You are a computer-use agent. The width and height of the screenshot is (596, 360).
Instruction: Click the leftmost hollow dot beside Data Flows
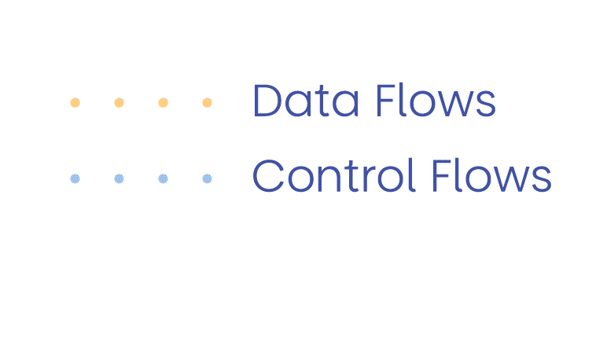(x=75, y=103)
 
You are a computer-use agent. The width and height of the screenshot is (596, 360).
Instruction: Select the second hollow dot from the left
(x=119, y=103)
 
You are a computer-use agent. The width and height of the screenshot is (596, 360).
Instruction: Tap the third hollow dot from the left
(x=163, y=103)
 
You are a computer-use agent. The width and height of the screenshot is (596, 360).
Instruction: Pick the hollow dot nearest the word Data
(x=207, y=103)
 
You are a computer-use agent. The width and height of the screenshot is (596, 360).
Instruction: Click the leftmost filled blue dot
(x=75, y=178)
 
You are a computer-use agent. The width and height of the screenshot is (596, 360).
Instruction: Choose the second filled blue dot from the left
(x=119, y=178)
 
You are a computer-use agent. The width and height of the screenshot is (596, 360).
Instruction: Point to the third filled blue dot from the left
(x=163, y=178)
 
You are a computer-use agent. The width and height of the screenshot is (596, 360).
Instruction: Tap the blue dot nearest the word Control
(x=207, y=178)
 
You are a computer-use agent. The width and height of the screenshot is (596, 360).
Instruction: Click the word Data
(x=306, y=101)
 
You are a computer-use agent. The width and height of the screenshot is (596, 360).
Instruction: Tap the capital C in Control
(x=269, y=176)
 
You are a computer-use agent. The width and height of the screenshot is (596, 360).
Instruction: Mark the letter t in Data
(x=322, y=102)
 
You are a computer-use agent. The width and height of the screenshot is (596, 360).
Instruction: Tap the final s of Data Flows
(x=487, y=106)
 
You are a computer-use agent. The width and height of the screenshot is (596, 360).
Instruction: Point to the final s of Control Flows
(x=543, y=181)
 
